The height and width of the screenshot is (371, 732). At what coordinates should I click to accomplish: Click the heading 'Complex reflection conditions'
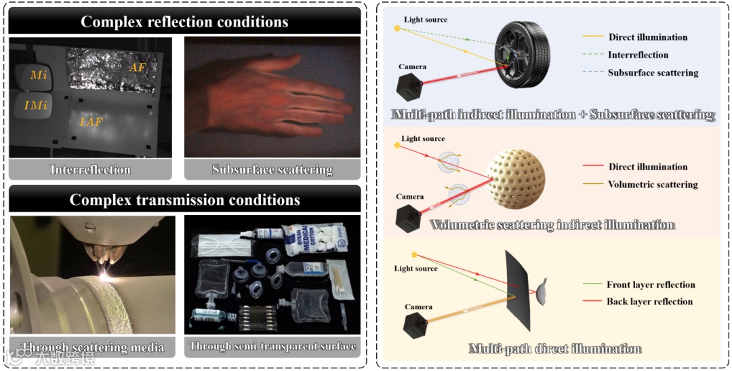click(184, 21)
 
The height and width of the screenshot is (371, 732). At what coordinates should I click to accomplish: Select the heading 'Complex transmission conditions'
click(184, 200)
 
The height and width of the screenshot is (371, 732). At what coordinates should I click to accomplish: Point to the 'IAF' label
click(91, 123)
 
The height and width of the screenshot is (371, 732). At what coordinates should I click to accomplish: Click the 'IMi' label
click(35, 106)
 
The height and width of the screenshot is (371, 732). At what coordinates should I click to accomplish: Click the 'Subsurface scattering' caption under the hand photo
click(272, 170)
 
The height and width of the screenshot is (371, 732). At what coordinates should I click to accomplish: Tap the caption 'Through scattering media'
click(92, 347)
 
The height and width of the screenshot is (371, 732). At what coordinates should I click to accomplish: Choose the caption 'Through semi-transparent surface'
click(272, 347)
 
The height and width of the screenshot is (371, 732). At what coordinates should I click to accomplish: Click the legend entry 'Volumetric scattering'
click(653, 184)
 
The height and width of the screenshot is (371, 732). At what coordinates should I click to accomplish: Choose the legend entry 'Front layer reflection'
click(651, 285)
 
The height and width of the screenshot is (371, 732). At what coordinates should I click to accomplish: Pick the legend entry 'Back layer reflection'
click(649, 301)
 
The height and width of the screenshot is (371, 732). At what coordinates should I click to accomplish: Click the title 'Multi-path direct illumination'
click(554, 349)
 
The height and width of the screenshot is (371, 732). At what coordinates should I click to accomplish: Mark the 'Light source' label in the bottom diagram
click(415, 269)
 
